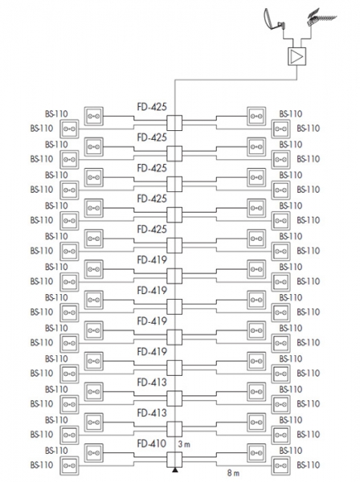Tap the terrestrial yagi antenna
[321, 18]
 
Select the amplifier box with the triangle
[297, 56]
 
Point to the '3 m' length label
[184, 444]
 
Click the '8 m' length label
[233, 473]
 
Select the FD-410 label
[152, 443]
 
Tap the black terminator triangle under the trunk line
[174, 470]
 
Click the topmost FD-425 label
[152, 107]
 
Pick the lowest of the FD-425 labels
[152, 229]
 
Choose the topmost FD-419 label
[152, 260]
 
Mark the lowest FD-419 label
[152, 352]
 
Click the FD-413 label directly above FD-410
[152, 413]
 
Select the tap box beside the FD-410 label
[174, 460]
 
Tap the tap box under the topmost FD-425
[174, 123]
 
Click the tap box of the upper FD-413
[174, 398]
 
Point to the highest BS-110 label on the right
[291, 114]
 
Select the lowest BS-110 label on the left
[42, 465]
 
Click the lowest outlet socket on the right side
[280, 466]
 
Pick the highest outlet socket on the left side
[93, 116]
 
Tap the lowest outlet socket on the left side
[69, 466]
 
